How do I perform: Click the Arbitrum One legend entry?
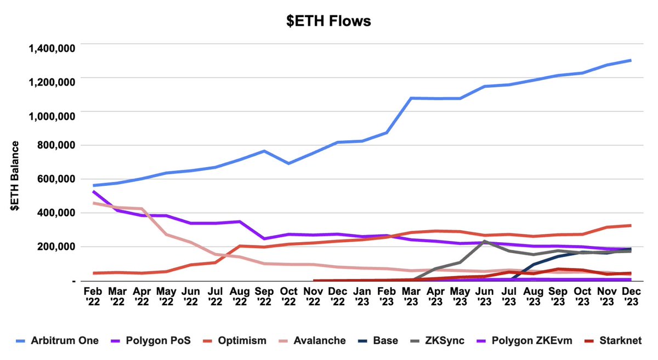pos(57,341)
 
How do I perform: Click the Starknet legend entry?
pos(624,341)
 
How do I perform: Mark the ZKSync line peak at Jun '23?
pos(484,241)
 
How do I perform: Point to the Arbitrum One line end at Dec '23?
pos(631,60)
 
